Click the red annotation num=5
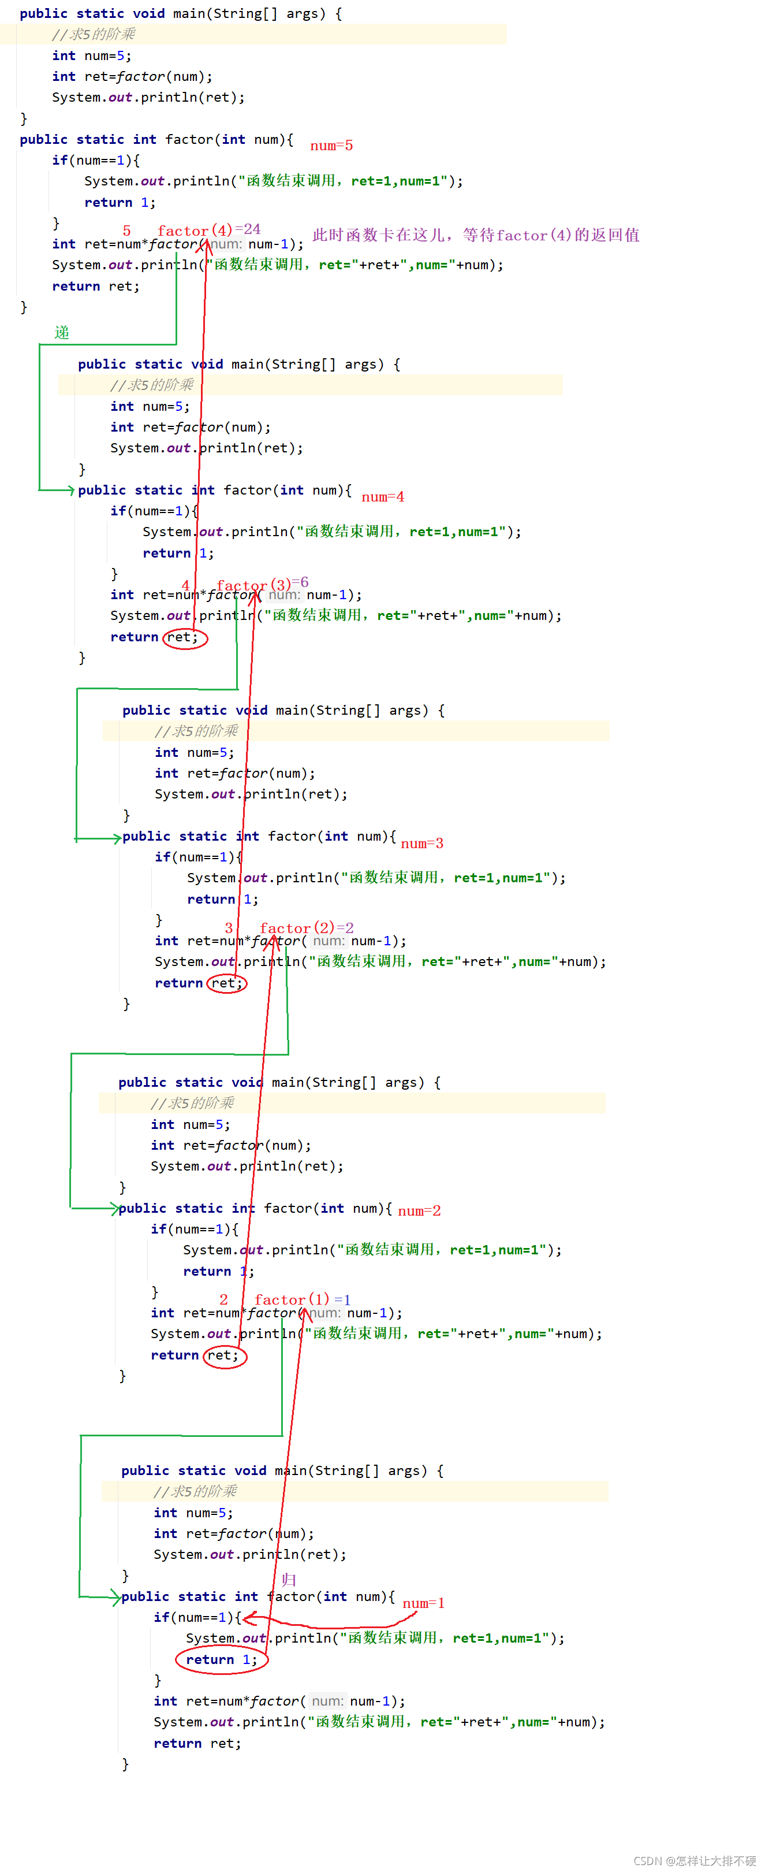coord(331,146)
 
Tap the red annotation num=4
coord(383,497)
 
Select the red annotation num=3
coord(422,844)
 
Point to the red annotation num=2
coord(419,1210)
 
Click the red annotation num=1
coord(424,1603)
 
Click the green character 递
coord(62,333)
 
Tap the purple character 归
coord(289,1580)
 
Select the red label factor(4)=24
coord(209,229)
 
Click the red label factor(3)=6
coord(263,584)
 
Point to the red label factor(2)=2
coord(307,928)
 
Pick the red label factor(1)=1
coord(302,1299)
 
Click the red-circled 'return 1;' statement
coord(222,1660)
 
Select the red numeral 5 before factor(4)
coord(127,231)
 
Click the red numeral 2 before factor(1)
coord(224,1299)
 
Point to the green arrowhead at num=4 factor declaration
coord(70,491)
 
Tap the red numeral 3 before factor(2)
coord(229,928)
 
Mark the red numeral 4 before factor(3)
coord(186,585)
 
